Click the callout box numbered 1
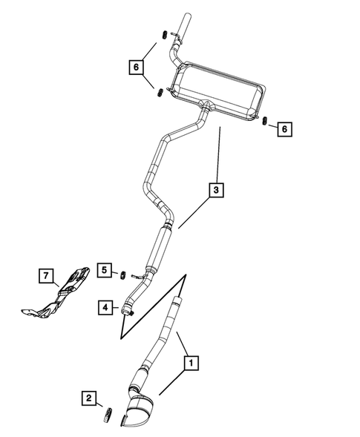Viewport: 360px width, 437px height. (x=191, y=364)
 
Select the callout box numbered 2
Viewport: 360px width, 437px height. (x=88, y=399)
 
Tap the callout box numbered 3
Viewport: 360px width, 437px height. (x=215, y=191)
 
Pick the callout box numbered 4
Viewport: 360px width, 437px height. (x=105, y=306)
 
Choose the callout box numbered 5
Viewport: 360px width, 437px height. (x=105, y=269)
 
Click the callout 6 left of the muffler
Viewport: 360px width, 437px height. (x=136, y=67)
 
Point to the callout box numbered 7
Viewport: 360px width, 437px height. (x=47, y=277)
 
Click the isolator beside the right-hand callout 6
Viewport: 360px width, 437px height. (x=265, y=121)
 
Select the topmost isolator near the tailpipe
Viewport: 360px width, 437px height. (x=160, y=35)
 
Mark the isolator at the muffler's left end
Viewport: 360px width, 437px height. (x=159, y=92)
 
